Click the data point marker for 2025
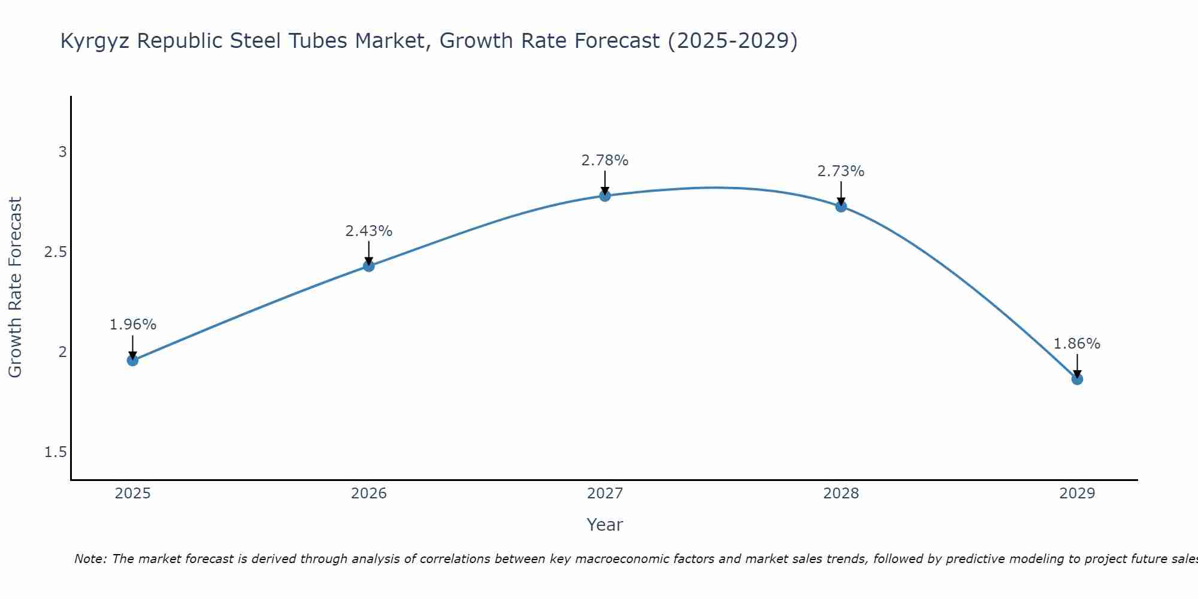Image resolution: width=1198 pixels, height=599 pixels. tap(132, 360)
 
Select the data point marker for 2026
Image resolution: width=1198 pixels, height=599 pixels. tap(368, 266)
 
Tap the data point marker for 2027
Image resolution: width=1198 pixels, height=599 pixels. tap(605, 195)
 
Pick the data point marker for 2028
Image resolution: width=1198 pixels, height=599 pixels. tap(841, 206)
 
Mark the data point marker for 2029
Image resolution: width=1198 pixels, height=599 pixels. tap(1077, 379)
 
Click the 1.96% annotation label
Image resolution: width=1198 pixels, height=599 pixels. tap(132, 325)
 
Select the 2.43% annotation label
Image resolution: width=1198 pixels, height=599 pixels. tap(368, 231)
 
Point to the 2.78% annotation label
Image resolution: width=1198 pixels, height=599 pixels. tap(605, 161)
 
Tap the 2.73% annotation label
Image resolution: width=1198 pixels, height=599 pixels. tap(841, 171)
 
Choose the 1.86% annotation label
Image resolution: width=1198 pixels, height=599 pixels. tap(1077, 344)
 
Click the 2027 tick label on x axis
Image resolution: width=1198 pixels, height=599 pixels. tap(605, 494)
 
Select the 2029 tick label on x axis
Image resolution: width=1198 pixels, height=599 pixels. tap(1077, 494)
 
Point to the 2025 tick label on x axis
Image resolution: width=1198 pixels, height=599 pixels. tap(132, 494)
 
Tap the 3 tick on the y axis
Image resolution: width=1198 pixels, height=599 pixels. tap(62, 152)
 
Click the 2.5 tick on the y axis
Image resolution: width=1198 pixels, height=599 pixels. tap(56, 252)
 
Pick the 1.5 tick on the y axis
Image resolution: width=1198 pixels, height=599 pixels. tap(56, 452)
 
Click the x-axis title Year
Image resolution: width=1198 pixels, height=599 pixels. tap(605, 525)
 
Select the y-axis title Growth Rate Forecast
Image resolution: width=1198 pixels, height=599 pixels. tap(15, 288)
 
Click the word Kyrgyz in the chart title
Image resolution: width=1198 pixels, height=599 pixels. tap(96, 41)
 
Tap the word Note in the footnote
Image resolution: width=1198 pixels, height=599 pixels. tap(90, 559)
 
